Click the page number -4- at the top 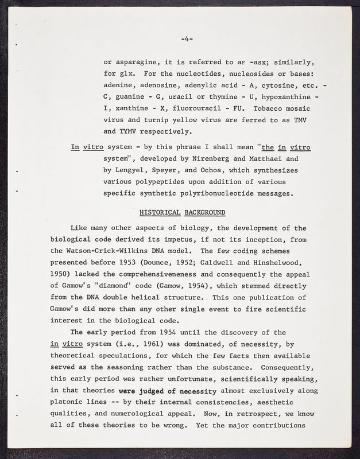pos(187,39)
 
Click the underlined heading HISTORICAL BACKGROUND pos(182,213)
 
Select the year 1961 pos(183,344)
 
